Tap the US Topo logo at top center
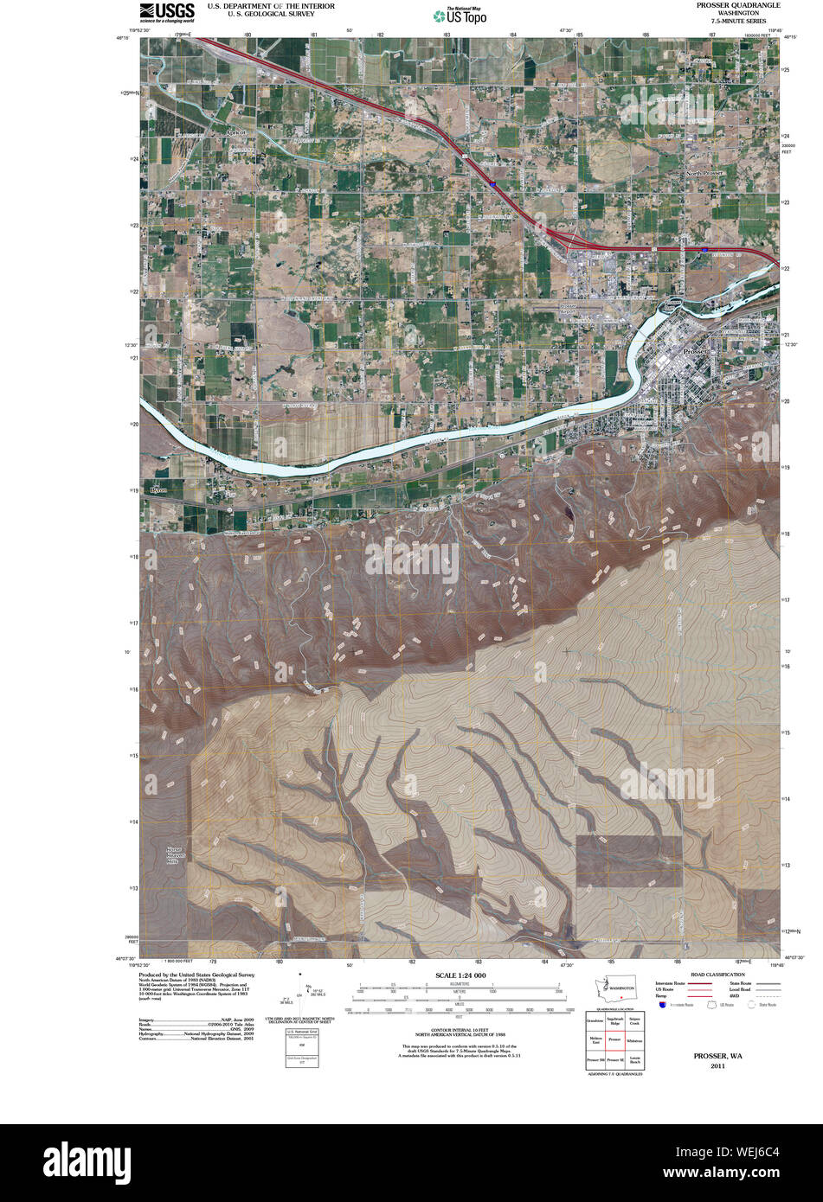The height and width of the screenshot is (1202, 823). click(460, 15)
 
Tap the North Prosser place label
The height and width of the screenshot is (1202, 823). click(704, 173)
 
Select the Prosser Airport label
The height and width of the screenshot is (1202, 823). click(568, 309)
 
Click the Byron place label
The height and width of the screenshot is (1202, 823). click(158, 490)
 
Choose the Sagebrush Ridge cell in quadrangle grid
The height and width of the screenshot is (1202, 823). click(614, 1021)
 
